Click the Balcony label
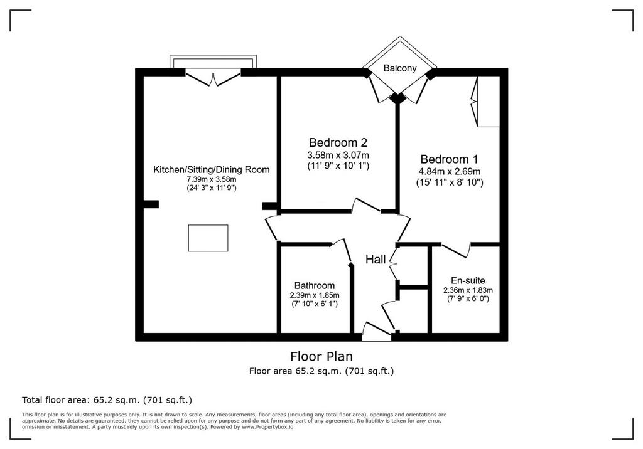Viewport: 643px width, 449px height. (400, 68)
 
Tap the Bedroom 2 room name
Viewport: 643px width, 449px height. (338, 142)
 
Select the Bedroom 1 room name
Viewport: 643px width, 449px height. (449, 159)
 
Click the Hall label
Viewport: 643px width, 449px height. (376, 260)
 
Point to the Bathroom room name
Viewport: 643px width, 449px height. (315, 285)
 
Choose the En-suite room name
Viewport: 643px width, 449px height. (468, 281)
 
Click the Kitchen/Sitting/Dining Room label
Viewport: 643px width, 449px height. (211, 169)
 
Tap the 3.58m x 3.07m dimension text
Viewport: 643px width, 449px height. (338, 156)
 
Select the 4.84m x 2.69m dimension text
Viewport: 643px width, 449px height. (450, 172)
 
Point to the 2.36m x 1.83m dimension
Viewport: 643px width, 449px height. (468, 290)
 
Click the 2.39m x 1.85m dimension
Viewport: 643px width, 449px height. (315, 295)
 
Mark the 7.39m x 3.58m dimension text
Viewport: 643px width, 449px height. (211, 179)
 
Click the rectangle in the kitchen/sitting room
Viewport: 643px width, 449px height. (208, 238)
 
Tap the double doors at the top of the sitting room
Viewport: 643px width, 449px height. (213, 77)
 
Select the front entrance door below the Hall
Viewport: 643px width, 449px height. (377, 332)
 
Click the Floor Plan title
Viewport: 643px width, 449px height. (321, 356)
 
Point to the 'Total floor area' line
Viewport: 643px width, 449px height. (107, 400)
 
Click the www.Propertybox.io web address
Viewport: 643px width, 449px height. (267, 427)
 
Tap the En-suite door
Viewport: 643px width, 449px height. (456, 250)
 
